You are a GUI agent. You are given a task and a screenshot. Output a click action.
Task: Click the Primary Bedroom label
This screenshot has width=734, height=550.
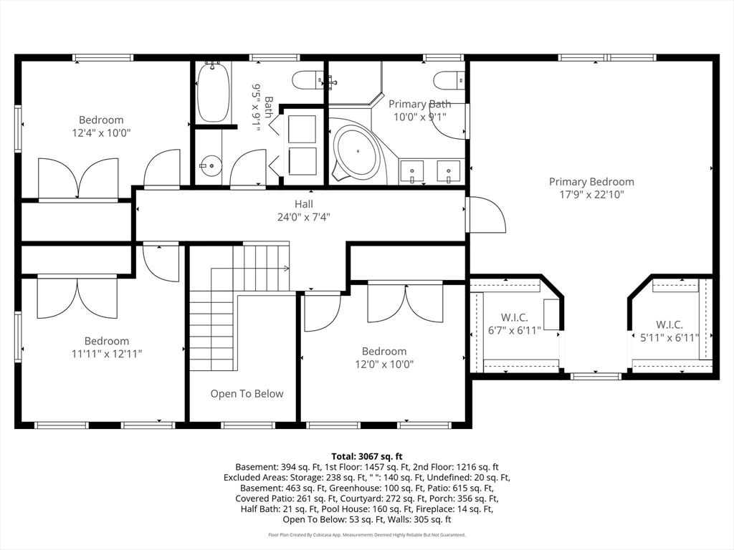point(591,182)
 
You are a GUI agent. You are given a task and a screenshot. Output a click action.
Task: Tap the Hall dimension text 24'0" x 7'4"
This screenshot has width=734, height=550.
point(304,217)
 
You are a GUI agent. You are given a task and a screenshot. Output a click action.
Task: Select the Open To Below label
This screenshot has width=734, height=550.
point(247,394)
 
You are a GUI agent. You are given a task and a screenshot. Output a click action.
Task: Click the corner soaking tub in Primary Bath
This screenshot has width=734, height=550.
point(358,152)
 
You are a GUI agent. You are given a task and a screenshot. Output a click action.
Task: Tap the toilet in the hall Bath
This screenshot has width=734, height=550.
point(307,80)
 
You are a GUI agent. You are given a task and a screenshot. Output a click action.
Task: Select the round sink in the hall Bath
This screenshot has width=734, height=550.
point(210,165)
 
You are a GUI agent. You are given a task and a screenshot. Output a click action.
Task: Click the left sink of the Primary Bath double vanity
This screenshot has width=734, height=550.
point(412,172)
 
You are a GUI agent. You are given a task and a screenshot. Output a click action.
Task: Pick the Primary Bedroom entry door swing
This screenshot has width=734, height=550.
point(487,214)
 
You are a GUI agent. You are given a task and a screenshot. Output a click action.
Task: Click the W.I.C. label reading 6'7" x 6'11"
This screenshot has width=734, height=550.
point(515,324)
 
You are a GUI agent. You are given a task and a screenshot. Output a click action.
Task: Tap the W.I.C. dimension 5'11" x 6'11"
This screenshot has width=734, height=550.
point(669,338)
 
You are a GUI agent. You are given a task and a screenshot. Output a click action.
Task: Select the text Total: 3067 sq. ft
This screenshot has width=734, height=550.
point(367,456)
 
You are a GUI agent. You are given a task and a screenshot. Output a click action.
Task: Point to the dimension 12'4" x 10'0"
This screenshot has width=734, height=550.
point(101,132)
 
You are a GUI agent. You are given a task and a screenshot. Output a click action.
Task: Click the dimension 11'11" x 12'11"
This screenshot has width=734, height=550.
point(107,354)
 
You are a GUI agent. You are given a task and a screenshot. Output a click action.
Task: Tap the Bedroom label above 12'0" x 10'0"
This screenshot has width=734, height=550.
point(384,351)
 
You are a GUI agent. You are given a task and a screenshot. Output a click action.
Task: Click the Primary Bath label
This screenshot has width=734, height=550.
point(420,104)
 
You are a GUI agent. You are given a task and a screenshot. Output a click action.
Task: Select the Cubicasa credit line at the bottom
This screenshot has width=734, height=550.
point(367,534)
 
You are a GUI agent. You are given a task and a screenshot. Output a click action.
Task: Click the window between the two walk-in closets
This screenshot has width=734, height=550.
point(596,376)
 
